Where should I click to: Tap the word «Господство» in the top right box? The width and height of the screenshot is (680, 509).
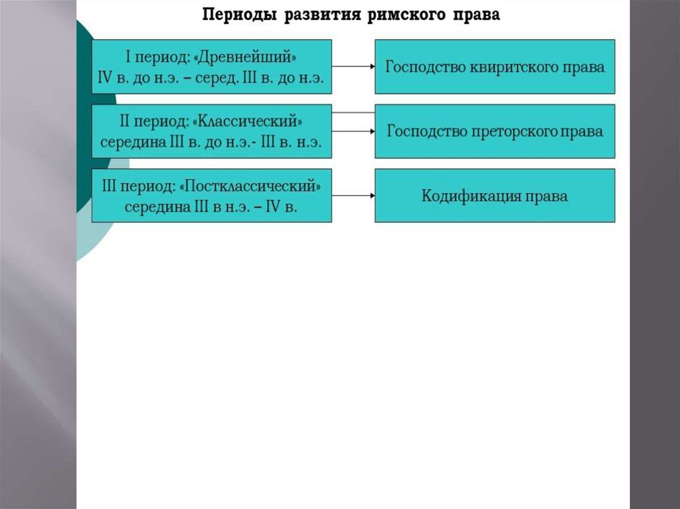(x=418, y=67)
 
